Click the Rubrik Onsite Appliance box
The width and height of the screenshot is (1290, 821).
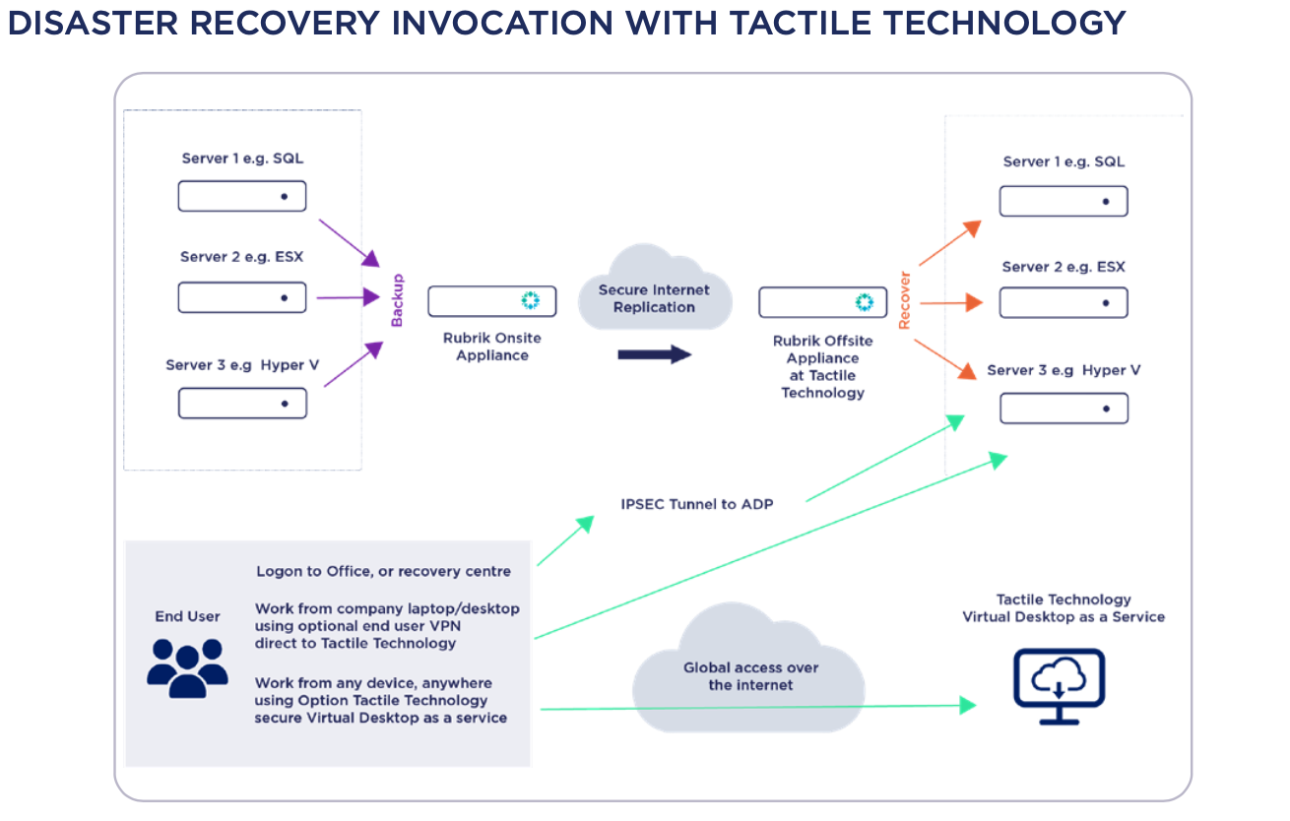491,301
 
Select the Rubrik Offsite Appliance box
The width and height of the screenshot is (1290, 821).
823,302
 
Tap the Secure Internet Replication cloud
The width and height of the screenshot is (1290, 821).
655,287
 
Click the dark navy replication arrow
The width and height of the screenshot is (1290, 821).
655,354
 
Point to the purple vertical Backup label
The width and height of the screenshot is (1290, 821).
397,300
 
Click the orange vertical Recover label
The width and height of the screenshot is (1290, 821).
904,300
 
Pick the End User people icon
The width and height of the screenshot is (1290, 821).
187,667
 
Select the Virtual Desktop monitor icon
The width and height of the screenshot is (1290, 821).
1059,686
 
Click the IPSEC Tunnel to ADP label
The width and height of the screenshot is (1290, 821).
697,504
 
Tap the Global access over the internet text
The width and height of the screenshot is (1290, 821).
750,676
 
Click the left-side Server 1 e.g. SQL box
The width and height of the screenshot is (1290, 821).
242,196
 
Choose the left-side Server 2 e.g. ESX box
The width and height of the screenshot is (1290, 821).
242,297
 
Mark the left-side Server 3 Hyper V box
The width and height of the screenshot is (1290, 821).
242,403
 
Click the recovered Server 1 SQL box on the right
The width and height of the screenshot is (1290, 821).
1064,201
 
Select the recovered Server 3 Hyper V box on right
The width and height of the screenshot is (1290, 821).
1064,409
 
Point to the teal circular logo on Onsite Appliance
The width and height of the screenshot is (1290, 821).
531,300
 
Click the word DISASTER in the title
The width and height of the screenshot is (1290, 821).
93,23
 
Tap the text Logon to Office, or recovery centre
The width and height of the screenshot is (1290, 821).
383,571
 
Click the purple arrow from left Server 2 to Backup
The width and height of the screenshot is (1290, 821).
349,297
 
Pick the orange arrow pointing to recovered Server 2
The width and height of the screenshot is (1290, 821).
951,302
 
